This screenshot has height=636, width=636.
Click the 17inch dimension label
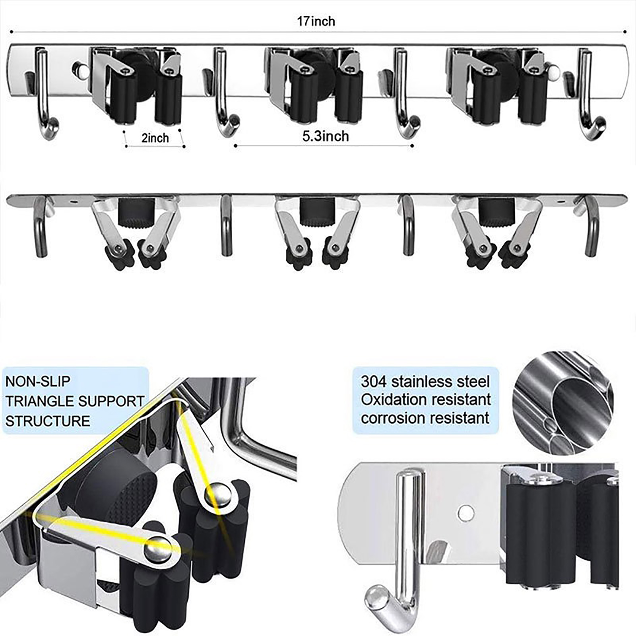(316, 21)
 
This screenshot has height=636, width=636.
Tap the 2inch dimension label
(155, 138)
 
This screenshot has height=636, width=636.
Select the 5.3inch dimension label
(326, 136)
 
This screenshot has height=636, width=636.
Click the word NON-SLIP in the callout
(38, 381)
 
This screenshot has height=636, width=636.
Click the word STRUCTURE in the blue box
(48, 421)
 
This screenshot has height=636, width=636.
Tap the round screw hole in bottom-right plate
(465, 513)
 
